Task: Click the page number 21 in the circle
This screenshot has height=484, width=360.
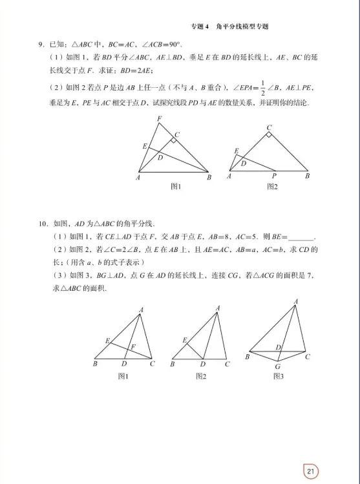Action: pos(311,471)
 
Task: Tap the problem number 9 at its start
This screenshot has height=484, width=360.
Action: pos(41,45)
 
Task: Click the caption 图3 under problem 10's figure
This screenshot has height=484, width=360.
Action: pos(279,376)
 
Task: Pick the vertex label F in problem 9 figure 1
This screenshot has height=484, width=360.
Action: pos(159,118)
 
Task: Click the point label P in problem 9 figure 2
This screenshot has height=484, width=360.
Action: pos(273,176)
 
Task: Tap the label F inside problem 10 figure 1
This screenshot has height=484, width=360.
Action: pos(132,347)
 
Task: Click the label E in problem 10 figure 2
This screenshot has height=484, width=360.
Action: pos(184,340)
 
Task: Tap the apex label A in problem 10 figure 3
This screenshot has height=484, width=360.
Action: pos(295,301)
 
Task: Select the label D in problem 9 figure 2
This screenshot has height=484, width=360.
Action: pos(243,163)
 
